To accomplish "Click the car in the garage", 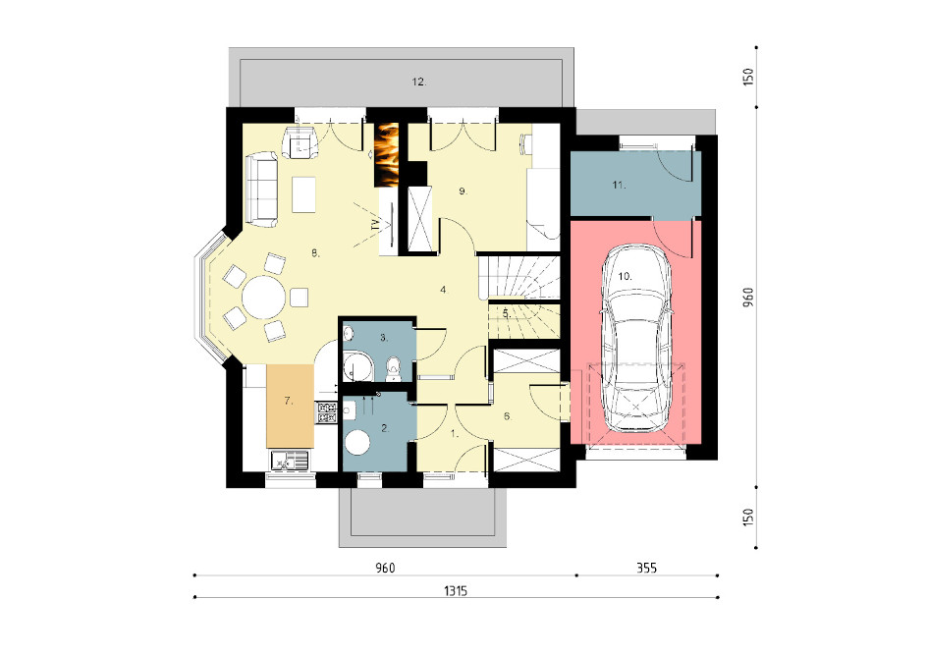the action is pos(635,338).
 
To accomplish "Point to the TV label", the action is pos(375,224).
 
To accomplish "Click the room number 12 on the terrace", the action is pos(419,82).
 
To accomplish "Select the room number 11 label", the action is pos(619,185).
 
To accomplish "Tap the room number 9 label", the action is pos(463,191).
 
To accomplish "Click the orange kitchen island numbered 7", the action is pos(290,407).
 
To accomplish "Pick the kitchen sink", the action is pos(289,461).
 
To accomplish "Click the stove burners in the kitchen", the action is pos(327,412).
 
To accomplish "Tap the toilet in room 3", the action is pos(393,369).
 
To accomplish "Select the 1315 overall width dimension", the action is pos(456,590).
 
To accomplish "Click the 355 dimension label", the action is pos(647,569).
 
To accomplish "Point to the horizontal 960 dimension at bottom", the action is pos(385,569).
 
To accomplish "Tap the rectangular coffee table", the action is pos(303,194).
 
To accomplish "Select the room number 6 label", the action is pos(508,416).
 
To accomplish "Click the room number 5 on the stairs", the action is pos(507,314).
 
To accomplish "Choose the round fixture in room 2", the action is pos(357,442).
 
